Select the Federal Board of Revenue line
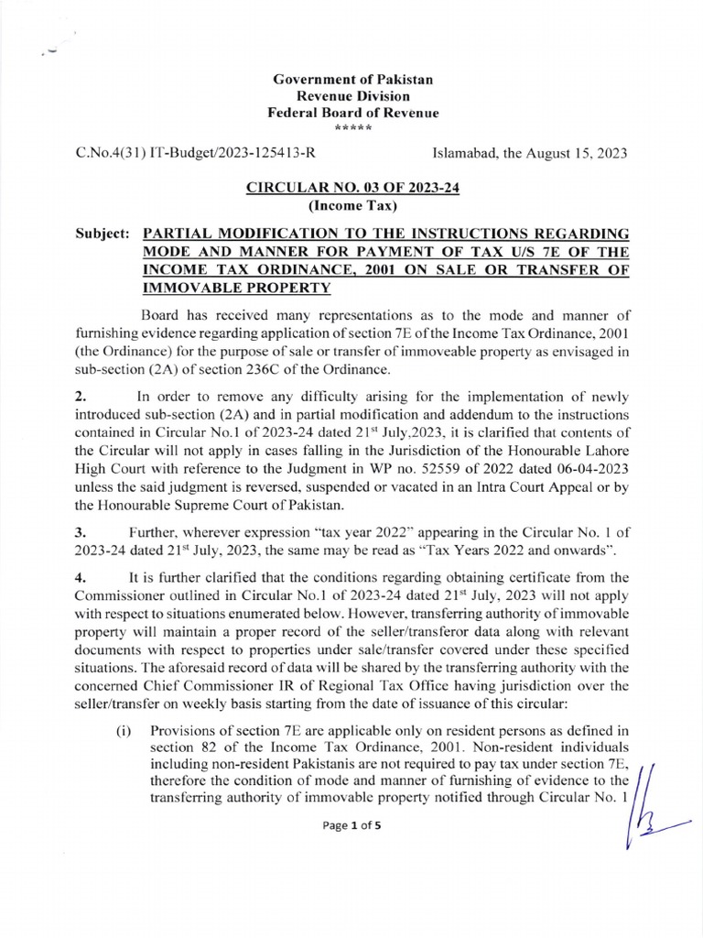352,113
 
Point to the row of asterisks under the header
352,127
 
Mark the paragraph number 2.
80,397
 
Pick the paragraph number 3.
80,531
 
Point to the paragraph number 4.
80,577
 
